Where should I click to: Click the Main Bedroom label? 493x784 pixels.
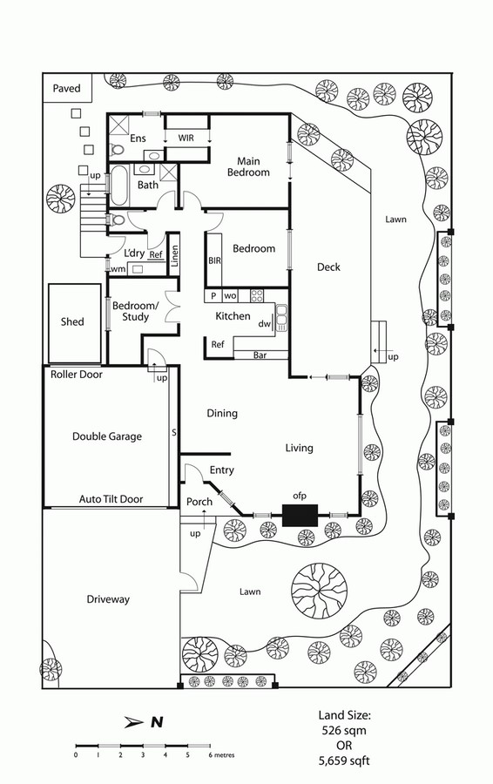248,167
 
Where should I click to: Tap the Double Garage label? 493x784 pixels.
107,436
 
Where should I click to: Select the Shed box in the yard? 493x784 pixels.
75,323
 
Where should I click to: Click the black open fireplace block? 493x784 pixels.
300,515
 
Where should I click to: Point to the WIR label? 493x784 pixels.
186,138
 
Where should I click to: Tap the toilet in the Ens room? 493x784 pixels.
117,149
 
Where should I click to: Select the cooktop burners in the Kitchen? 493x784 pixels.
257,295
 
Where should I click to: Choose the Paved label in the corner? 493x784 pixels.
66,89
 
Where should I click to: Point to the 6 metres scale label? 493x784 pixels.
221,755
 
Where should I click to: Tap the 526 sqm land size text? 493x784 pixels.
344,731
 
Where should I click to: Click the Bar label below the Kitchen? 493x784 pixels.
260,355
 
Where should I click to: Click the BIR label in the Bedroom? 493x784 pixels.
214,261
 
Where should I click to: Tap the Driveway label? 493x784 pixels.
108,599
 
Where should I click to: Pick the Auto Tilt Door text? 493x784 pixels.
111,499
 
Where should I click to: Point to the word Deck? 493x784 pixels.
328,267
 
